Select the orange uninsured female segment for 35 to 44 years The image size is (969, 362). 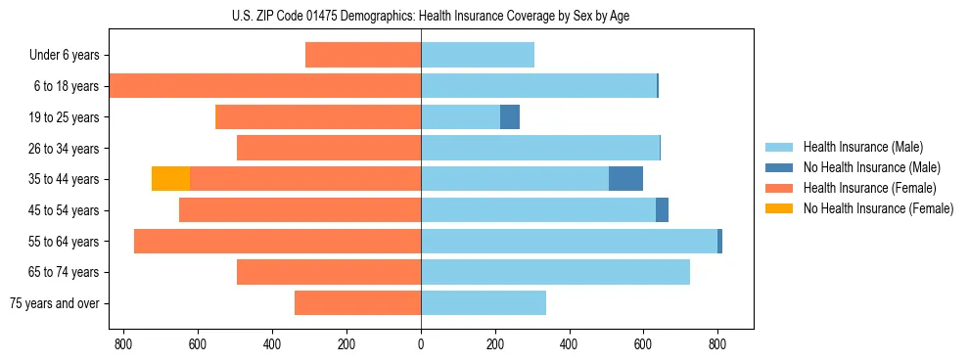171,179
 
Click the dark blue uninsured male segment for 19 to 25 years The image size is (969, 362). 510,117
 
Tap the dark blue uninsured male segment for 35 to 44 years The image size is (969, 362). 625,179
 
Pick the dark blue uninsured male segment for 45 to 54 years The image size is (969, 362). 662,210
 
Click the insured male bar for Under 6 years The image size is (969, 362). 478,56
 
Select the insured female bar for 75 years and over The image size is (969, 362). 357,303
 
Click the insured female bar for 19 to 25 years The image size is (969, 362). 318,117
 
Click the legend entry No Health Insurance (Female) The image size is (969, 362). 878,208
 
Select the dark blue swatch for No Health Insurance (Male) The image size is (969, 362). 779,167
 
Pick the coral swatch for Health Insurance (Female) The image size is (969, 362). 779,188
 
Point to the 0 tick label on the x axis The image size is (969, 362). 421,344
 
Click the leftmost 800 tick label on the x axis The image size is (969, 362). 123,344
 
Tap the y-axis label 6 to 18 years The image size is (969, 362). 67,86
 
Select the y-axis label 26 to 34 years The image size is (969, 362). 64,149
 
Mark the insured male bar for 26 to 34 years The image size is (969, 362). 540,149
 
